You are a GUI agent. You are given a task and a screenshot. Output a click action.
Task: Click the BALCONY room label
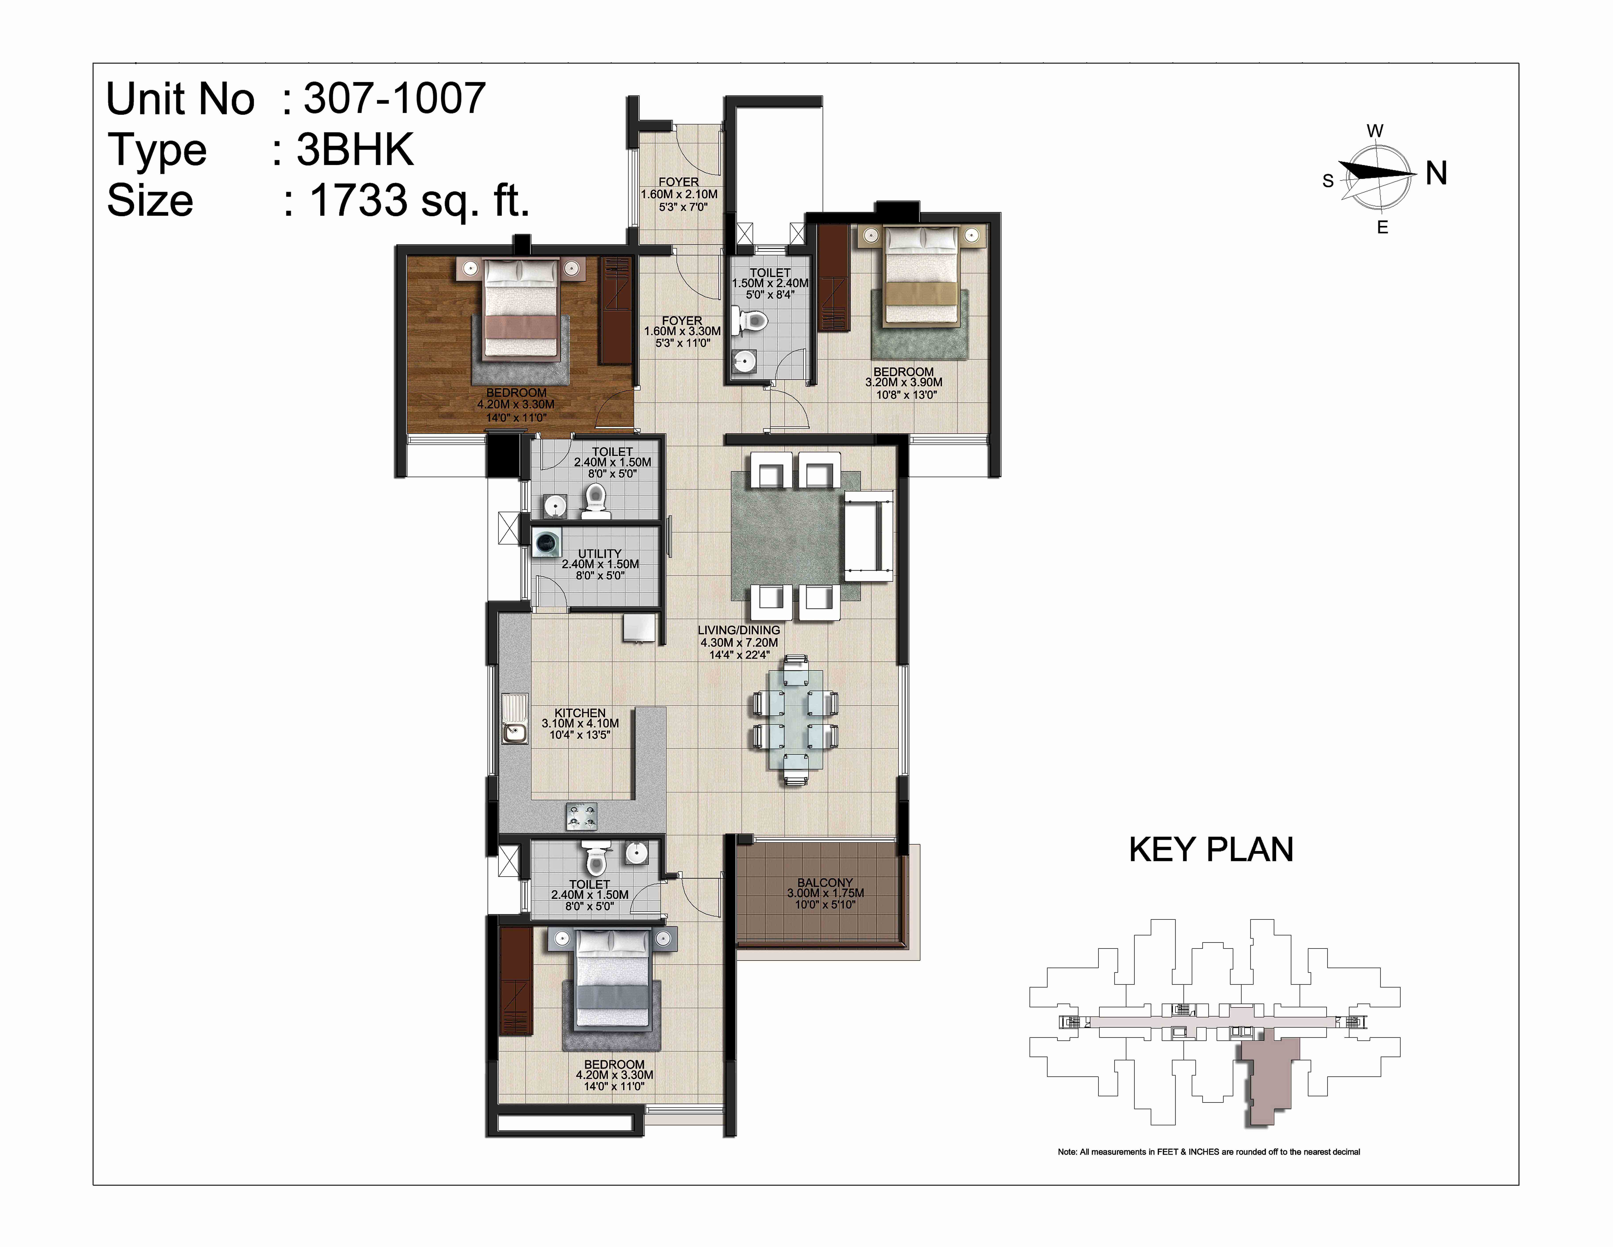coord(825,882)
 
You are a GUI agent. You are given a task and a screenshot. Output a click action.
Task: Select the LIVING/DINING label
coord(739,630)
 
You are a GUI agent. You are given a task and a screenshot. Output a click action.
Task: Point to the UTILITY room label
coord(600,553)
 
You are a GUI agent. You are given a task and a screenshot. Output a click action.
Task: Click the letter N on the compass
coord(1436,173)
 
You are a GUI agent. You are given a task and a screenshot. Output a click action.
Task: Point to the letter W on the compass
coord(1375,131)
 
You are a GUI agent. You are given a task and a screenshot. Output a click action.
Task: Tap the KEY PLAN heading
coord(1211,850)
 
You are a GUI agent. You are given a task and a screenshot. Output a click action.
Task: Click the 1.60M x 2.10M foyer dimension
coord(679,194)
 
